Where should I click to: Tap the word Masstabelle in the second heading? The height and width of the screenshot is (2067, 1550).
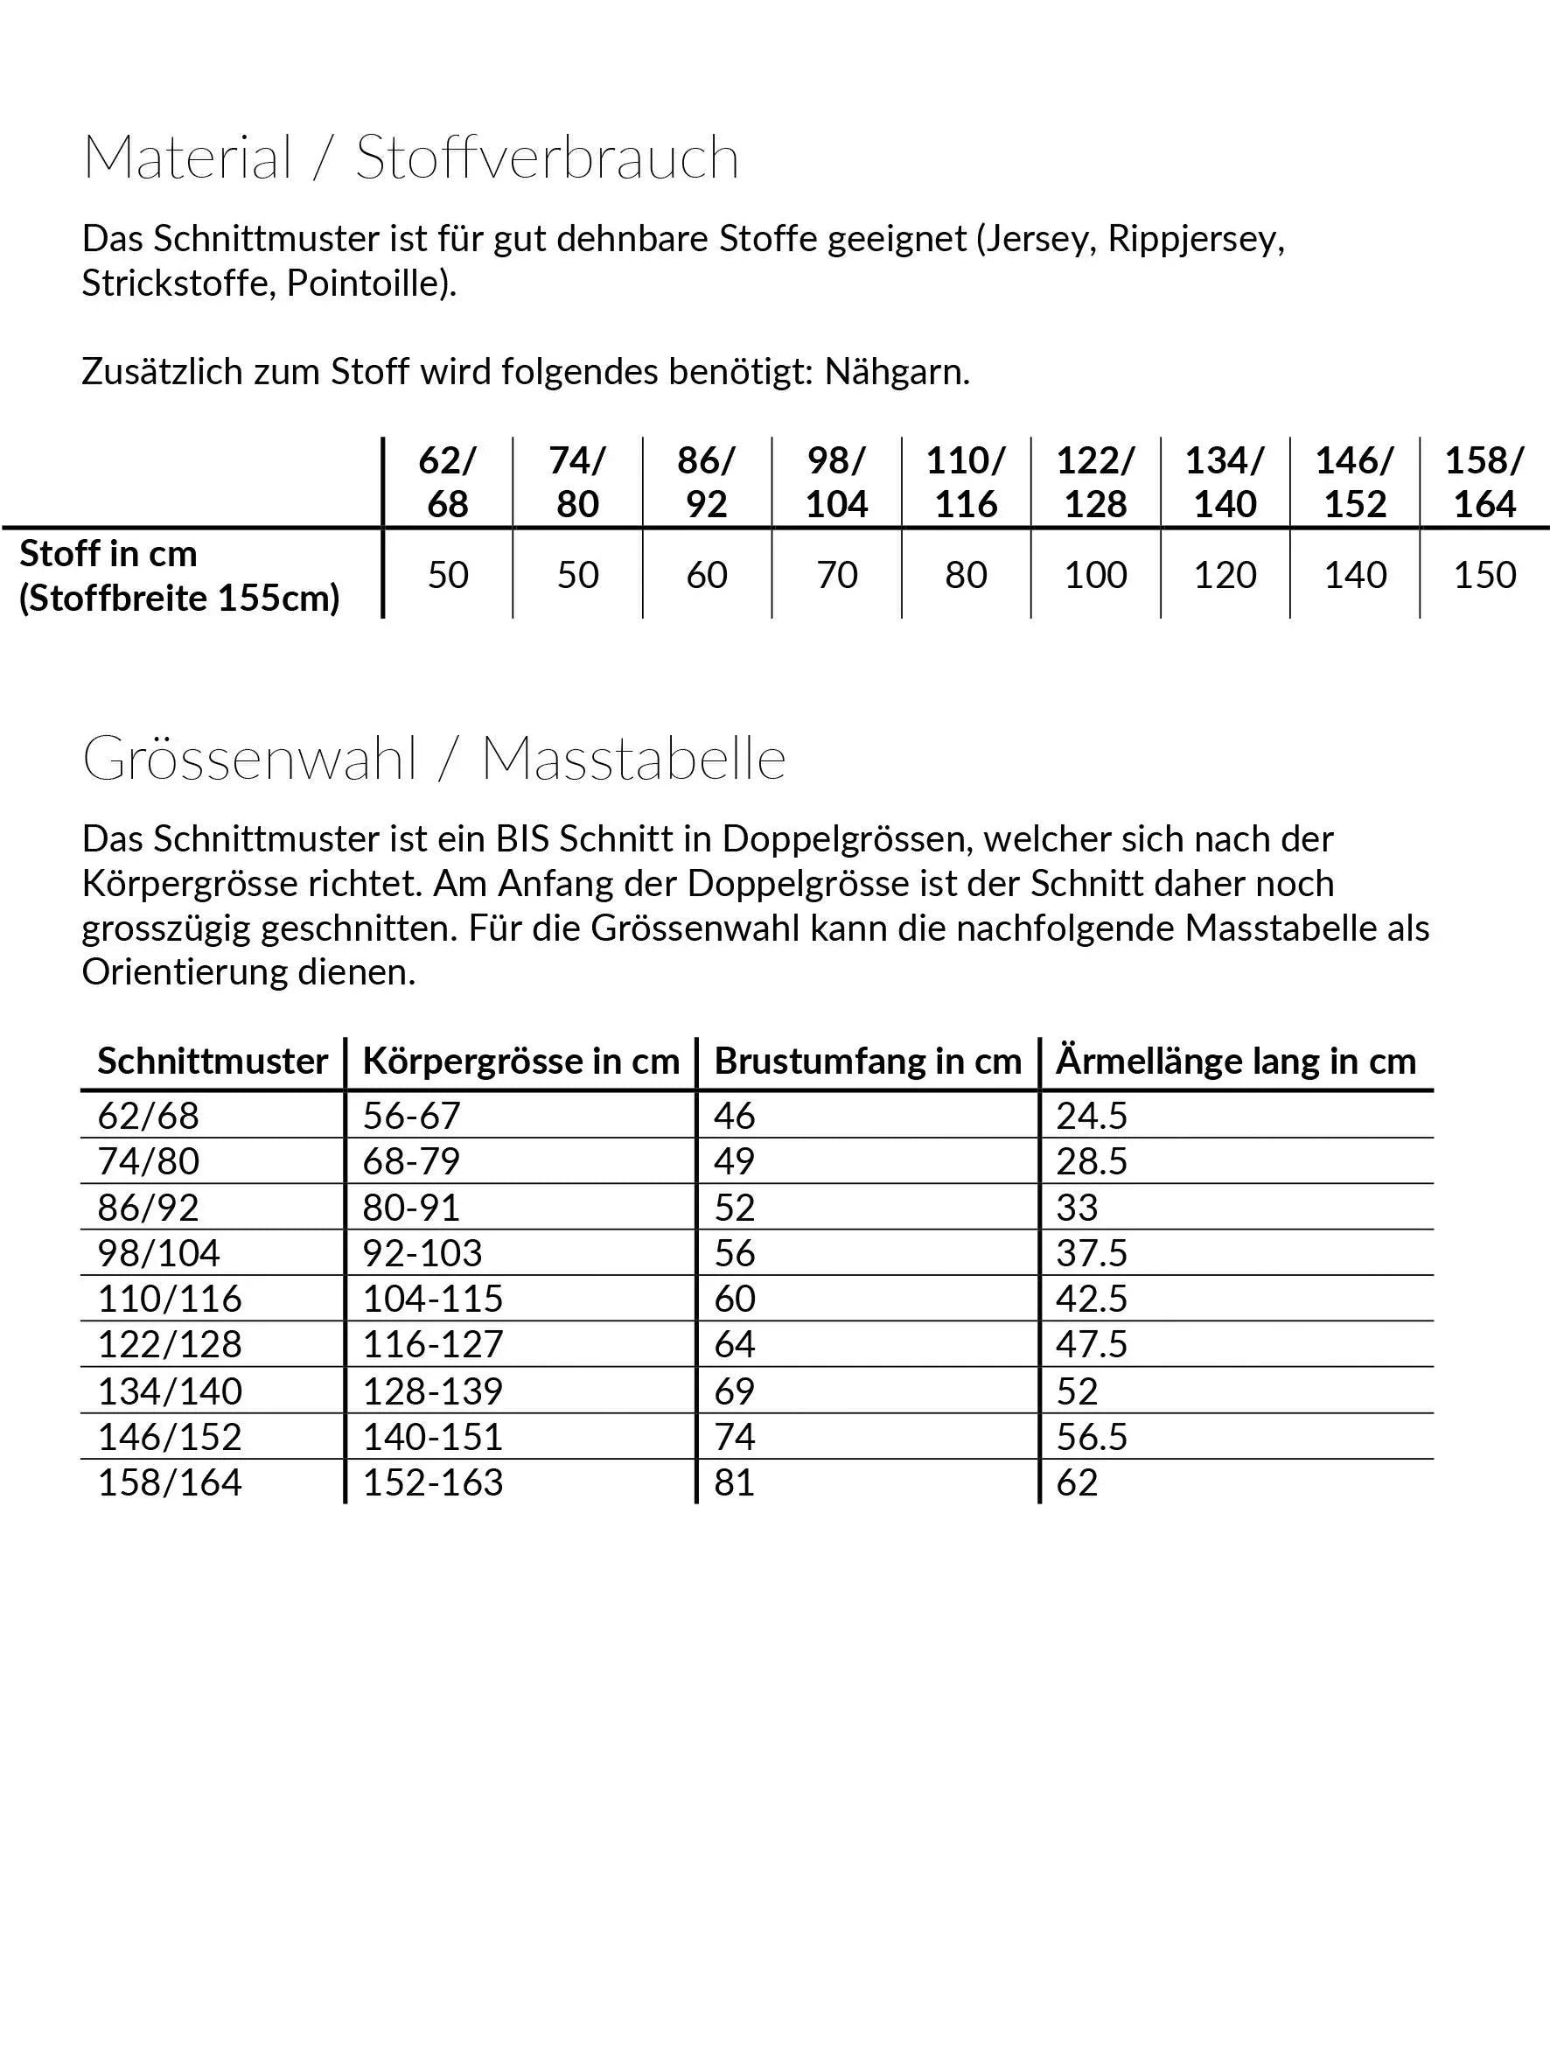pos(633,759)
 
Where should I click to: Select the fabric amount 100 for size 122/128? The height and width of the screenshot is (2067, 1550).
pos(1096,575)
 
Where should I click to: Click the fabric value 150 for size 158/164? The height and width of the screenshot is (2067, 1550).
pos(1484,575)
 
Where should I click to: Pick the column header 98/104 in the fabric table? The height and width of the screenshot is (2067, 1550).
pos(836,482)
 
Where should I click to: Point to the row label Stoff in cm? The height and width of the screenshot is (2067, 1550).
pos(108,554)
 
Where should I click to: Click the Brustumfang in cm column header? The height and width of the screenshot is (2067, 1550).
pos(868,1062)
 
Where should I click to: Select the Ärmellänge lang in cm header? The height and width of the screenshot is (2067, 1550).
pos(1236,1062)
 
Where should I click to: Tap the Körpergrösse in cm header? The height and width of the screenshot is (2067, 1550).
pos(521,1062)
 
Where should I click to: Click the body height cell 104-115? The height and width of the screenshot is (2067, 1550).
pos(433,1299)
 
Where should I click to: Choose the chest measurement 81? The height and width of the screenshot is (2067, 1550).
pos(735,1483)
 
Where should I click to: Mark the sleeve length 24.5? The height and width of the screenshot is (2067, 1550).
pos(1092,1116)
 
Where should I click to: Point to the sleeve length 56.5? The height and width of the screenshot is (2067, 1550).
pos(1092,1437)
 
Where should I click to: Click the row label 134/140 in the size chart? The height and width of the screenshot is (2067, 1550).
pos(170,1391)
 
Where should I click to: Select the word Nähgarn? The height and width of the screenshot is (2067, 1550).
pos(897,372)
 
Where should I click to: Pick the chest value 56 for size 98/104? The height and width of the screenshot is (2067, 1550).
pos(735,1253)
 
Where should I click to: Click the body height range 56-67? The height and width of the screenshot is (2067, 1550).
pos(411,1116)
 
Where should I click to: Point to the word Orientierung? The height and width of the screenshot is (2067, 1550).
pos(185,973)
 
